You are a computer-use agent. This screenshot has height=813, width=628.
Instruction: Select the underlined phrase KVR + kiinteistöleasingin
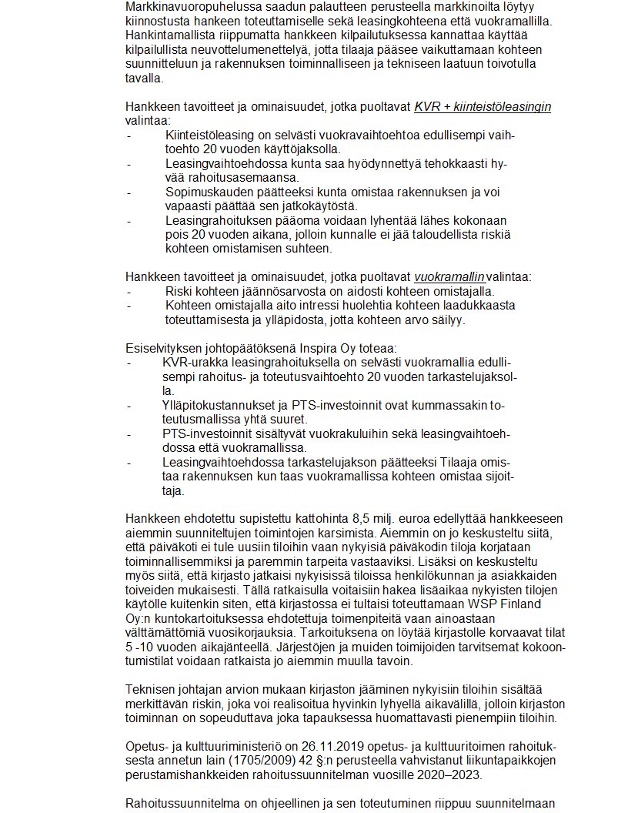[483, 107]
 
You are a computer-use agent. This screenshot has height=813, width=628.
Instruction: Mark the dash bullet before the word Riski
[129, 292]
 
